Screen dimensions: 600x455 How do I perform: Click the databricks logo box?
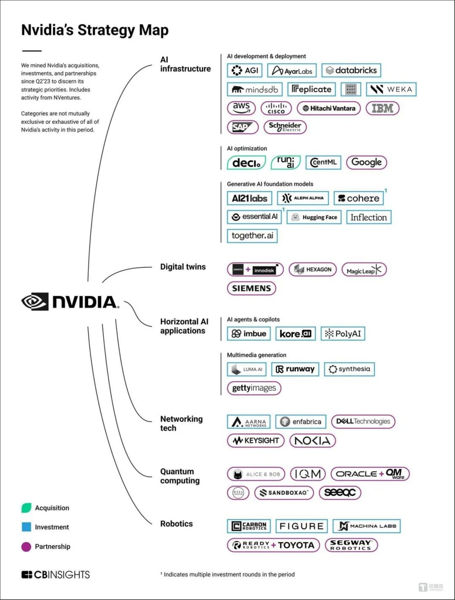coord(351,70)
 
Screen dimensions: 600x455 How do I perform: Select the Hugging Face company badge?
coord(314,217)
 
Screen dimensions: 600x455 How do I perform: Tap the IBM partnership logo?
coord(382,108)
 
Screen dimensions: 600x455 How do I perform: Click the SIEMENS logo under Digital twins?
coord(252,288)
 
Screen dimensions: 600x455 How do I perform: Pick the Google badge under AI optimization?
coord(366,162)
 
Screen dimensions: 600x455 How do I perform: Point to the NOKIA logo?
coord(312,441)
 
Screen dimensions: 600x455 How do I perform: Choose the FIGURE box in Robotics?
coord(301,526)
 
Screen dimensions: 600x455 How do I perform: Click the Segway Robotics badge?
coord(351,545)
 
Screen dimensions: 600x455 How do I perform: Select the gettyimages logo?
coord(254,388)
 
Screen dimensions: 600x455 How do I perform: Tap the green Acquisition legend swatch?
coord(26,508)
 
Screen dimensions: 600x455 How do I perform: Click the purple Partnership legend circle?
coord(26,547)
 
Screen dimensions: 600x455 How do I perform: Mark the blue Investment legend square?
coord(26,527)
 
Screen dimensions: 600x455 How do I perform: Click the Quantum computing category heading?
coord(179,476)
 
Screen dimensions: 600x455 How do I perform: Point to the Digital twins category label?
coord(183,267)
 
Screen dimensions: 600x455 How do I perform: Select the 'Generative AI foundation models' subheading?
coord(270,184)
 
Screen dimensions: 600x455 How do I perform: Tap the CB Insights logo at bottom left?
coord(56,575)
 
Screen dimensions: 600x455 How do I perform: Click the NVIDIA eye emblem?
coord(35,301)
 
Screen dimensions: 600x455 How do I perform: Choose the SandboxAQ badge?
coord(284,492)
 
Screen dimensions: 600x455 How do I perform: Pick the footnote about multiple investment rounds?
coord(227,574)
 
